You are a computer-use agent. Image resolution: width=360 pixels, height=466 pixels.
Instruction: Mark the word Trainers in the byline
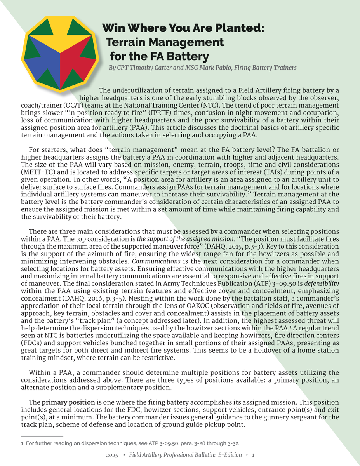[x=283, y=68]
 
